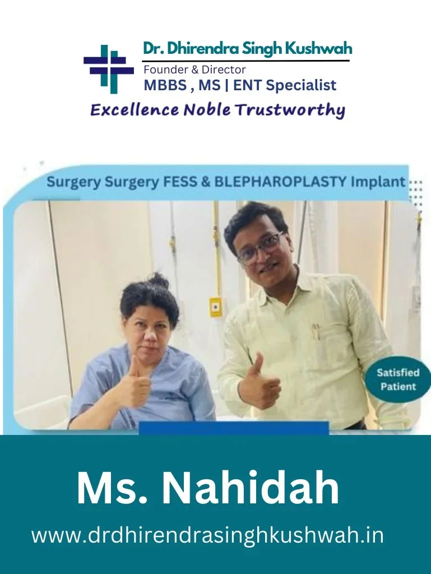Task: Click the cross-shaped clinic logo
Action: (109, 68)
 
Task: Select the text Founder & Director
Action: (194, 69)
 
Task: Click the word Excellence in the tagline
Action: (135, 110)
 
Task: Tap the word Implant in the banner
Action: (378, 182)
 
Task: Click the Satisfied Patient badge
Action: (398, 379)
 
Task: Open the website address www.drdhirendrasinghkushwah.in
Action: (207, 535)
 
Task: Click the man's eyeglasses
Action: (261, 247)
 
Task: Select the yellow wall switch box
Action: (215, 306)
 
